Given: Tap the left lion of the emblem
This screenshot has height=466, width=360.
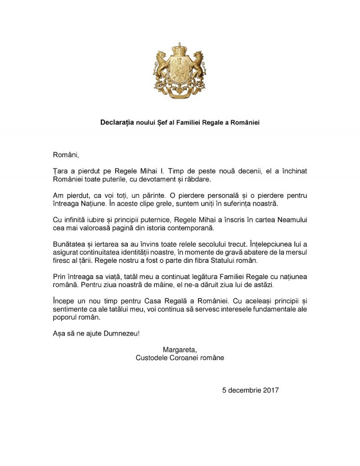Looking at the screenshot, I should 162,65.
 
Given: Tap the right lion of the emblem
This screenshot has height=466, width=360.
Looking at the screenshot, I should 198,65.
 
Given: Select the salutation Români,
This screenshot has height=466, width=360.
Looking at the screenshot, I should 66,155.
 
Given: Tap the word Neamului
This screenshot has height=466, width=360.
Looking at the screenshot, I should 287,220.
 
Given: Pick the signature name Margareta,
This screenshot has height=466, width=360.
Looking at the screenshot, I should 180,350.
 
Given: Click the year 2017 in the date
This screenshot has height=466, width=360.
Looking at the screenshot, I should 270,390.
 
